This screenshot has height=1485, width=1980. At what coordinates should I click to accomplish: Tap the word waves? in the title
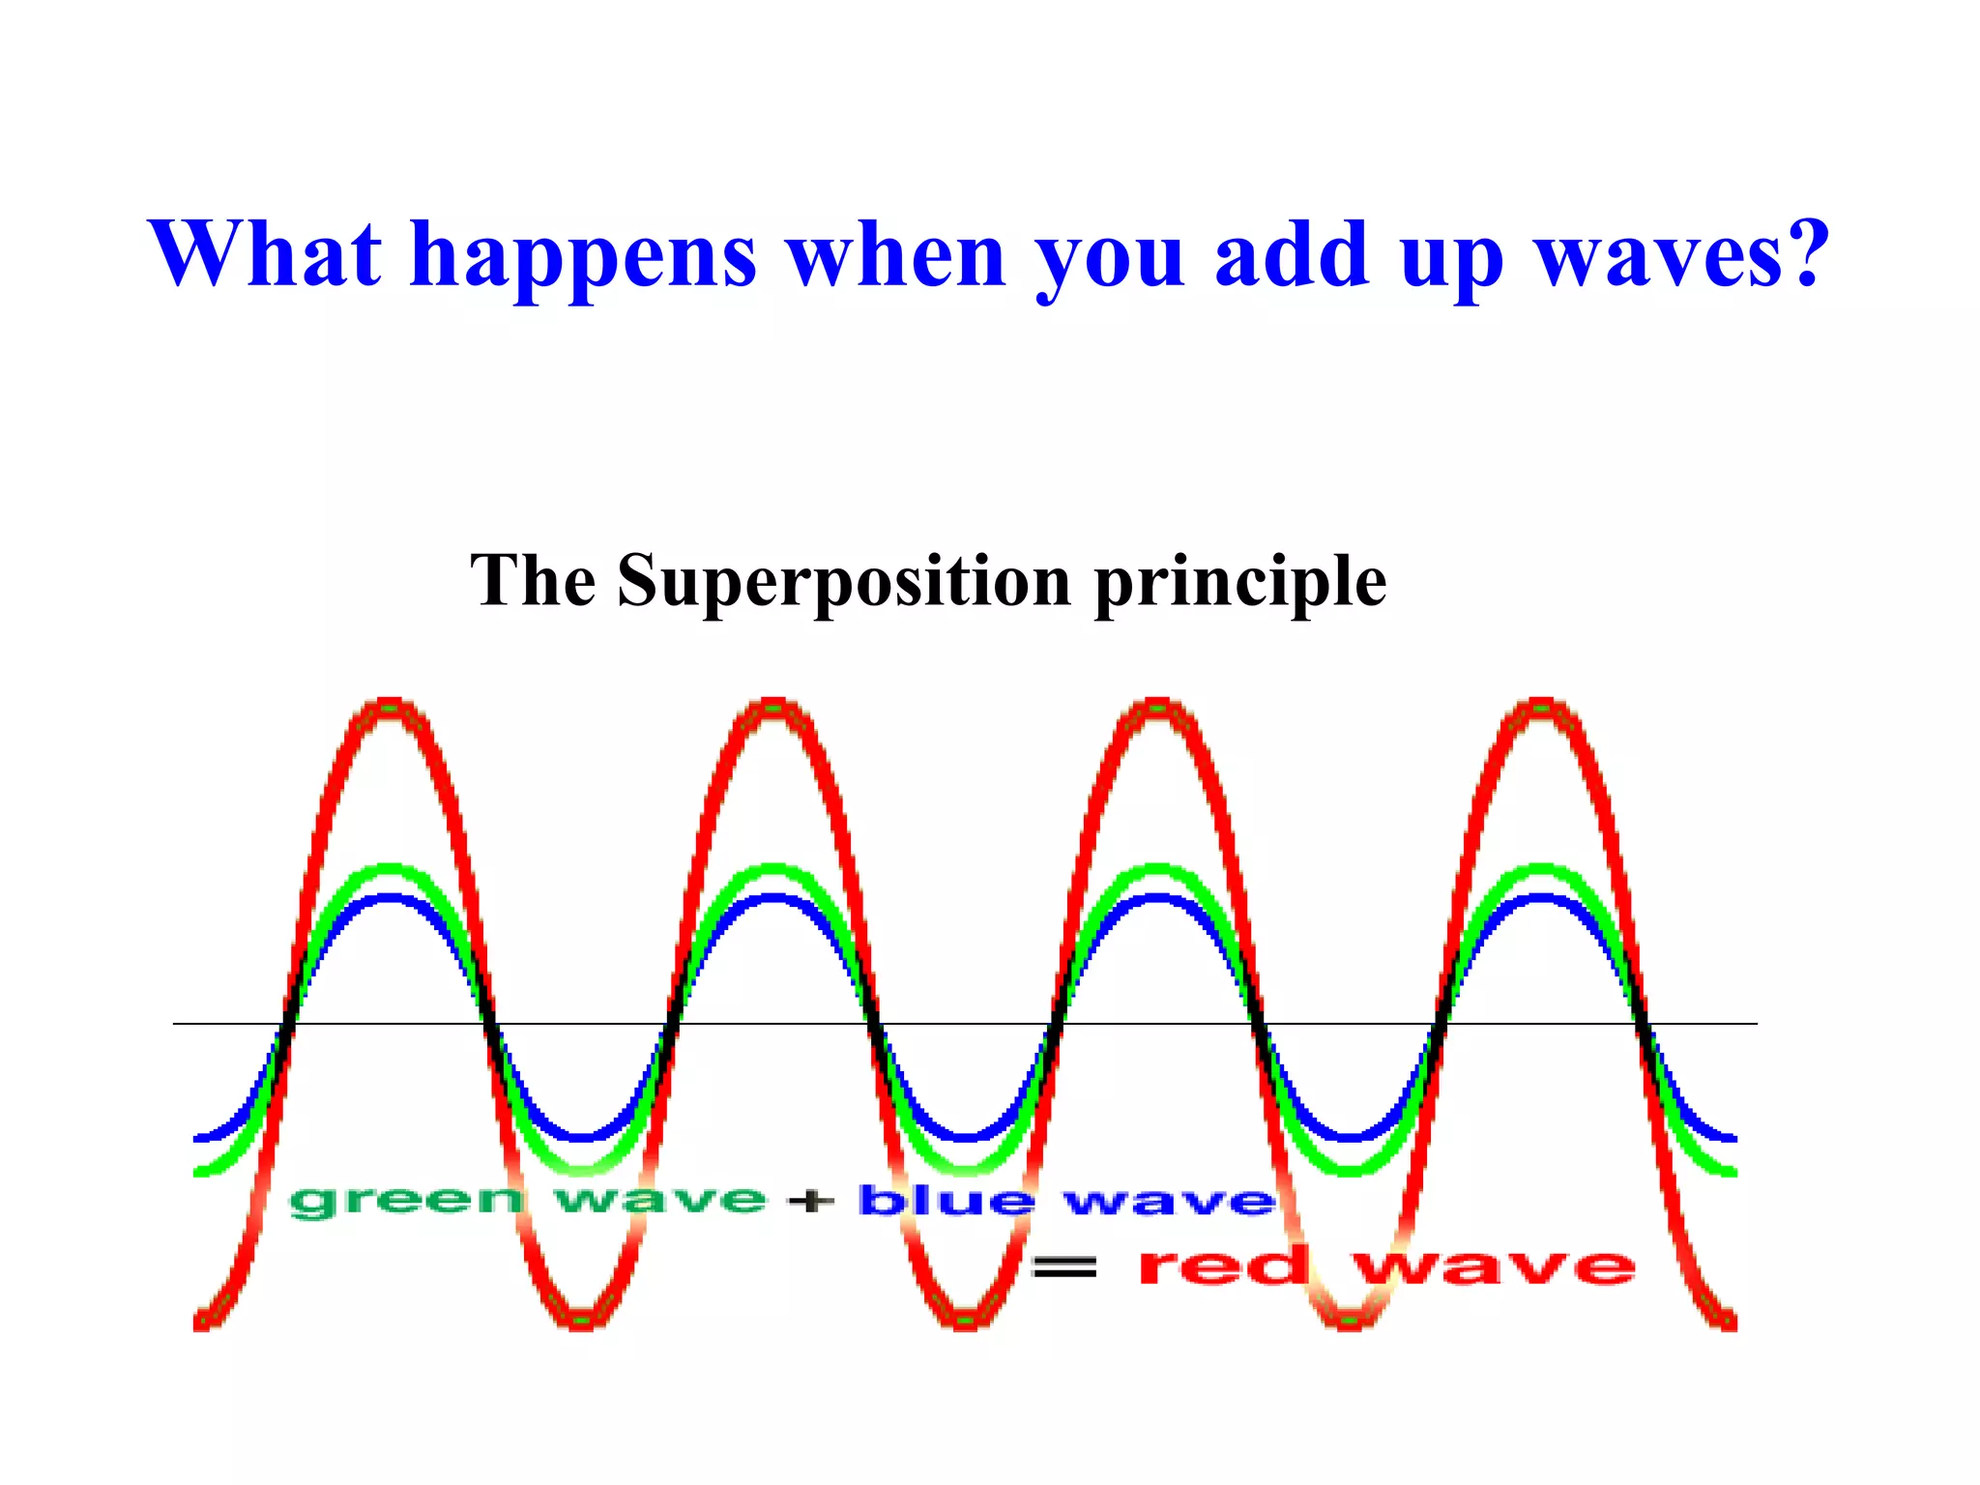pos(1682,253)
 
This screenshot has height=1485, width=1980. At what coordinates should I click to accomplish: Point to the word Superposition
pos(844,582)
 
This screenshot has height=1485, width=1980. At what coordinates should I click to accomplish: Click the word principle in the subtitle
pos(1240,584)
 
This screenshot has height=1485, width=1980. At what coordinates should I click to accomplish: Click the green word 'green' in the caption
pos(406,1202)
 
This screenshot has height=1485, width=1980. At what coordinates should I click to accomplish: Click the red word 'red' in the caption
pos(1224,1266)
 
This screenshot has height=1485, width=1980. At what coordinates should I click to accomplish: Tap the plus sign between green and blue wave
pos(810,1202)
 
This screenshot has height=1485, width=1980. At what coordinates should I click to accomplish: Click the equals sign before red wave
pos(1064,1266)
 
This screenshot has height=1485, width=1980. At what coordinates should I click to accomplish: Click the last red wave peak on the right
pos(1541,704)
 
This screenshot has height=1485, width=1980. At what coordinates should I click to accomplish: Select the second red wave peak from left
pos(773,704)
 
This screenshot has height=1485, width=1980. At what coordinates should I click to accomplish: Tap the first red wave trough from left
pos(582,1322)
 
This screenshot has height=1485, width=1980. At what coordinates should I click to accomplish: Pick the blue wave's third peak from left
pos(1157,899)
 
